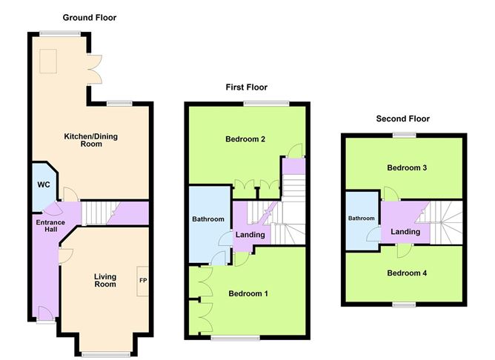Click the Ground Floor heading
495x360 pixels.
click(x=90, y=18)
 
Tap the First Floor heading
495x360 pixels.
click(x=247, y=87)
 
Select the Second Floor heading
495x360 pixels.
click(x=403, y=119)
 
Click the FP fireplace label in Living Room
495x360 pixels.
click(x=143, y=280)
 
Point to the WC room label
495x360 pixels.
click(x=44, y=184)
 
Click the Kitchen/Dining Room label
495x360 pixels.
click(x=91, y=140)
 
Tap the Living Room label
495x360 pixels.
click(x=105, y=280)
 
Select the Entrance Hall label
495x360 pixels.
click(x=50, y=226)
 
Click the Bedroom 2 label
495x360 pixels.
click(x=245, y=139)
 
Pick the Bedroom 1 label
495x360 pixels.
click(x=248, y=294)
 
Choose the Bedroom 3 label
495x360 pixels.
click(x=407, y=167)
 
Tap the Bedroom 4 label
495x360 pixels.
click(x=407, y=273)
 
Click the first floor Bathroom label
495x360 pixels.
click(x=208, y=219)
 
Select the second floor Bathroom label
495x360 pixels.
click(x=362, y=218)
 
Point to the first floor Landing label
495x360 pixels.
click(x=250, y=235)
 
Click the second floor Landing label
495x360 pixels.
click(x=405, y=232)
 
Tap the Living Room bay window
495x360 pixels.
click(x=106, y=354)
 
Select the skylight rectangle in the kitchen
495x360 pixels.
click(x=48, y=61)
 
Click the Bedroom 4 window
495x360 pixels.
click(x=404, y=304)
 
